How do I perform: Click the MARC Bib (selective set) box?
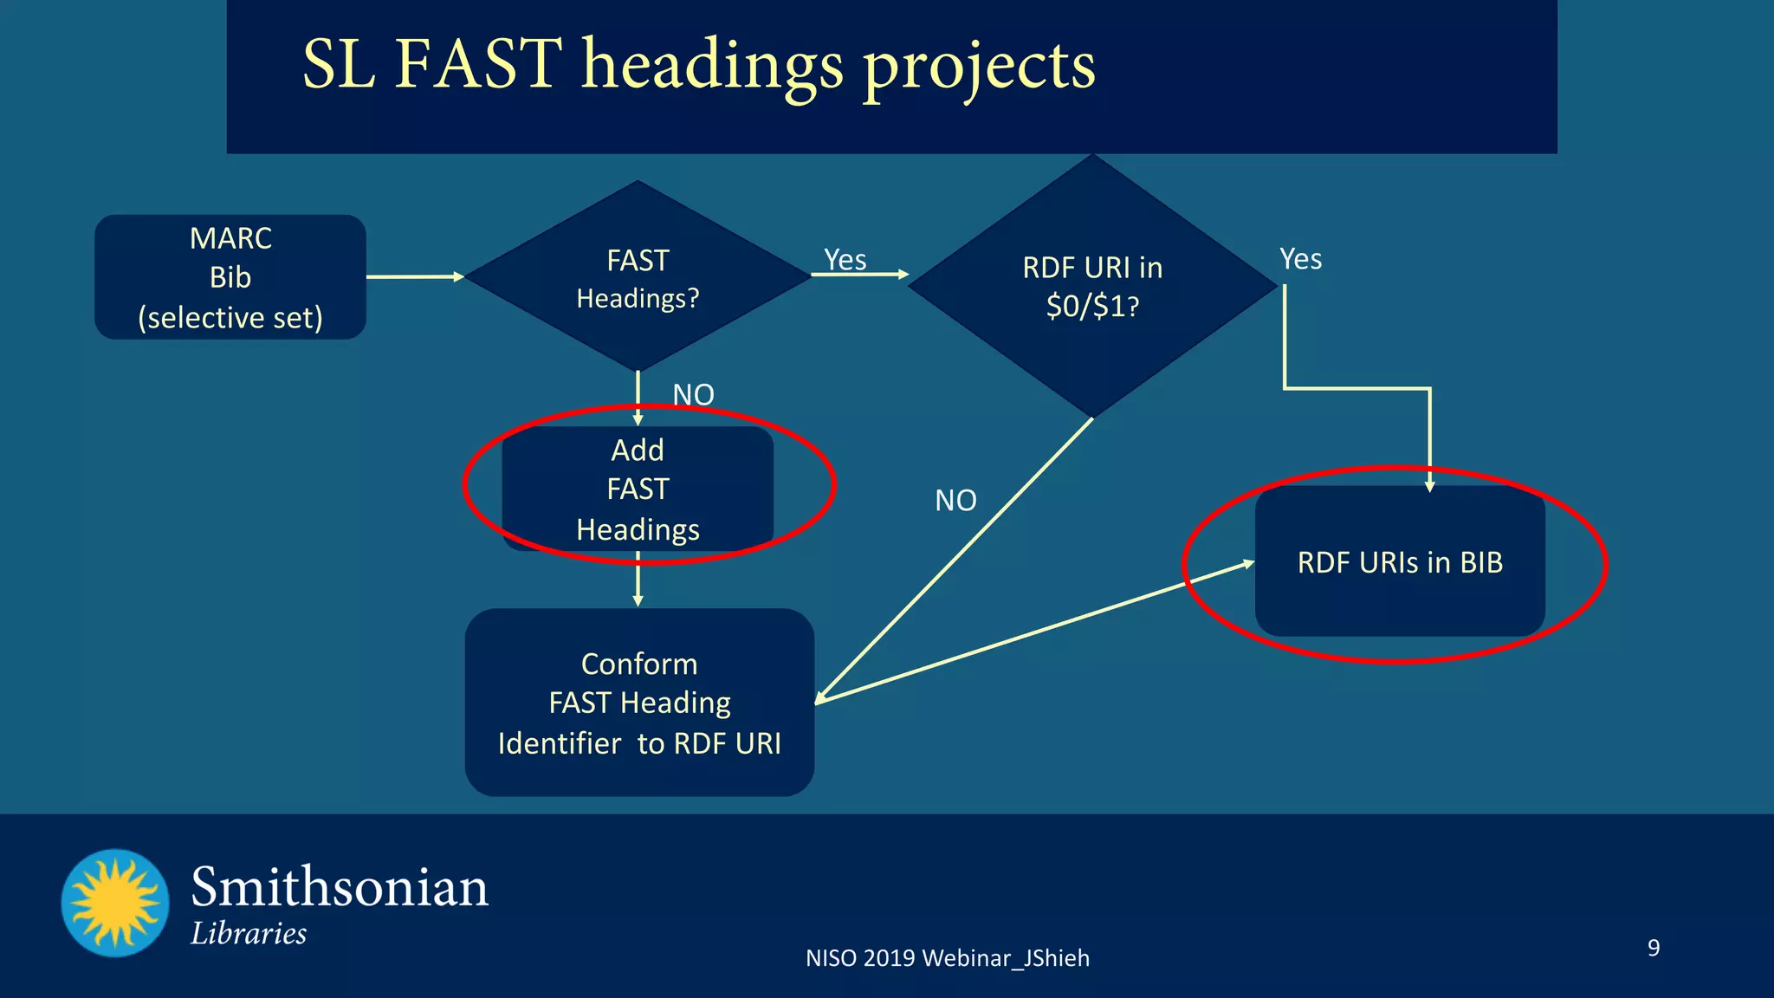pos(230,277)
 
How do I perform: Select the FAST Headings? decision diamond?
pos(638,277)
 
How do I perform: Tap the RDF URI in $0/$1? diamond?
pos(1092,286)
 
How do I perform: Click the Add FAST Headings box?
pos(638,489)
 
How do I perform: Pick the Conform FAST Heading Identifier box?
pos(639,703)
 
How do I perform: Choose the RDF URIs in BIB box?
pos(1400,562)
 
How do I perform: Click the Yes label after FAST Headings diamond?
pos(845,259)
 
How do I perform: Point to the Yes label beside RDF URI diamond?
pos(1300,258)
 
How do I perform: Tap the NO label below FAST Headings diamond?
pos(693,394)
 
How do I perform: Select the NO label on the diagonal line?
pos(955,500)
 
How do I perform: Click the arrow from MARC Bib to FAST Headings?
pos(416,276)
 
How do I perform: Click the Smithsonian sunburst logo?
pos(115,903)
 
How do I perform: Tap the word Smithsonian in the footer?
pos(340,887)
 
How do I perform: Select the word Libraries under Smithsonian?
pos(249,934)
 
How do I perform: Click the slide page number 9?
pos(1654,947)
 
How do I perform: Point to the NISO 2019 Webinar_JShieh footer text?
pos(948,958)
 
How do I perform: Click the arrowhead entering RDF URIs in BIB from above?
pos(1429,485)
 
